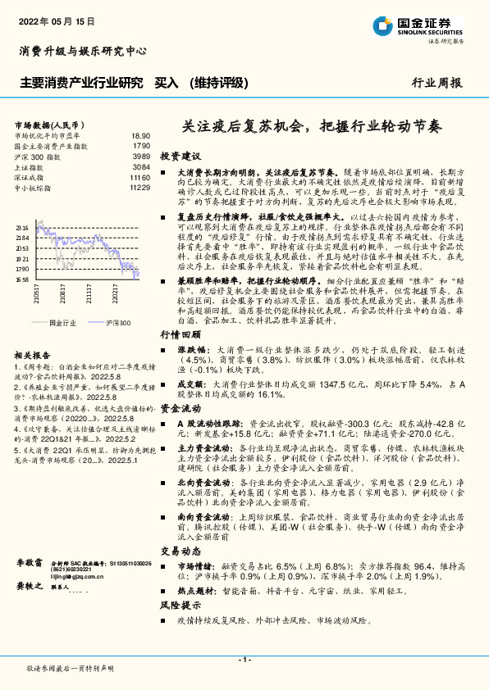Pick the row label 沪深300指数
point(37,157)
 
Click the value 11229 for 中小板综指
point(139,188)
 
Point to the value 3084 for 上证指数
point(141,167)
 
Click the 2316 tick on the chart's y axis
point(23,228)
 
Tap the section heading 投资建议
point(180,156)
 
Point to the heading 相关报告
point(34,355)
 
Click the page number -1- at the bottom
point(244,659)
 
